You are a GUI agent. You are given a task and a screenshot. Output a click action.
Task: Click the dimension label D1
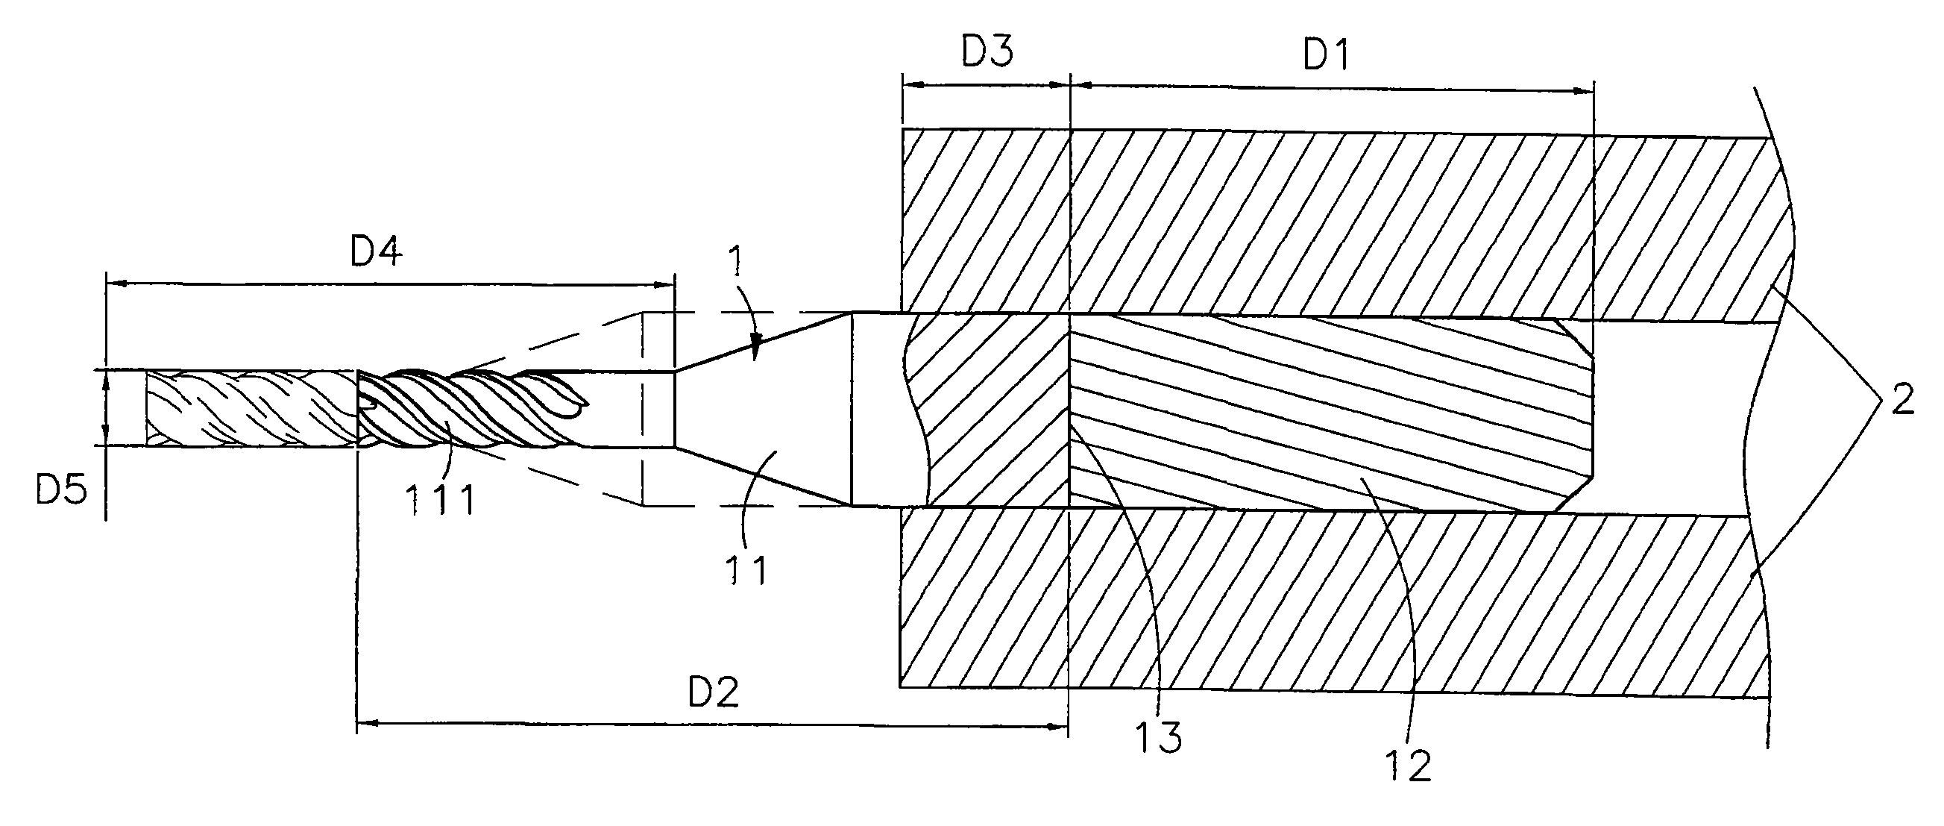coord(1327,55)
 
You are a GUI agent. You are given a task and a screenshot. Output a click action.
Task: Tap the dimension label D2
coord(713,692)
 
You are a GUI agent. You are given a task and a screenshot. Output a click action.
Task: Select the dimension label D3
coord(987,51)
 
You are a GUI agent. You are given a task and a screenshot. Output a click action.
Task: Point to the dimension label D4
coord(376,251)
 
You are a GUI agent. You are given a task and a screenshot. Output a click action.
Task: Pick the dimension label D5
coord(61,489)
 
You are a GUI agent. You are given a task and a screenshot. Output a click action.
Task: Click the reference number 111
coord(440,499)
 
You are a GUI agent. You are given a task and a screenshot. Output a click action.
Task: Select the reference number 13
coord(1158,737)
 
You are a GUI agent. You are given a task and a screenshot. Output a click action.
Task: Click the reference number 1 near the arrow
coord(734,261)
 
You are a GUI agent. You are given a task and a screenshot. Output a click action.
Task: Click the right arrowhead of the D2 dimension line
coord(1058,726)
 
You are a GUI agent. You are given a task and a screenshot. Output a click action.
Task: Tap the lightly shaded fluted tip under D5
coord(251,407)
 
